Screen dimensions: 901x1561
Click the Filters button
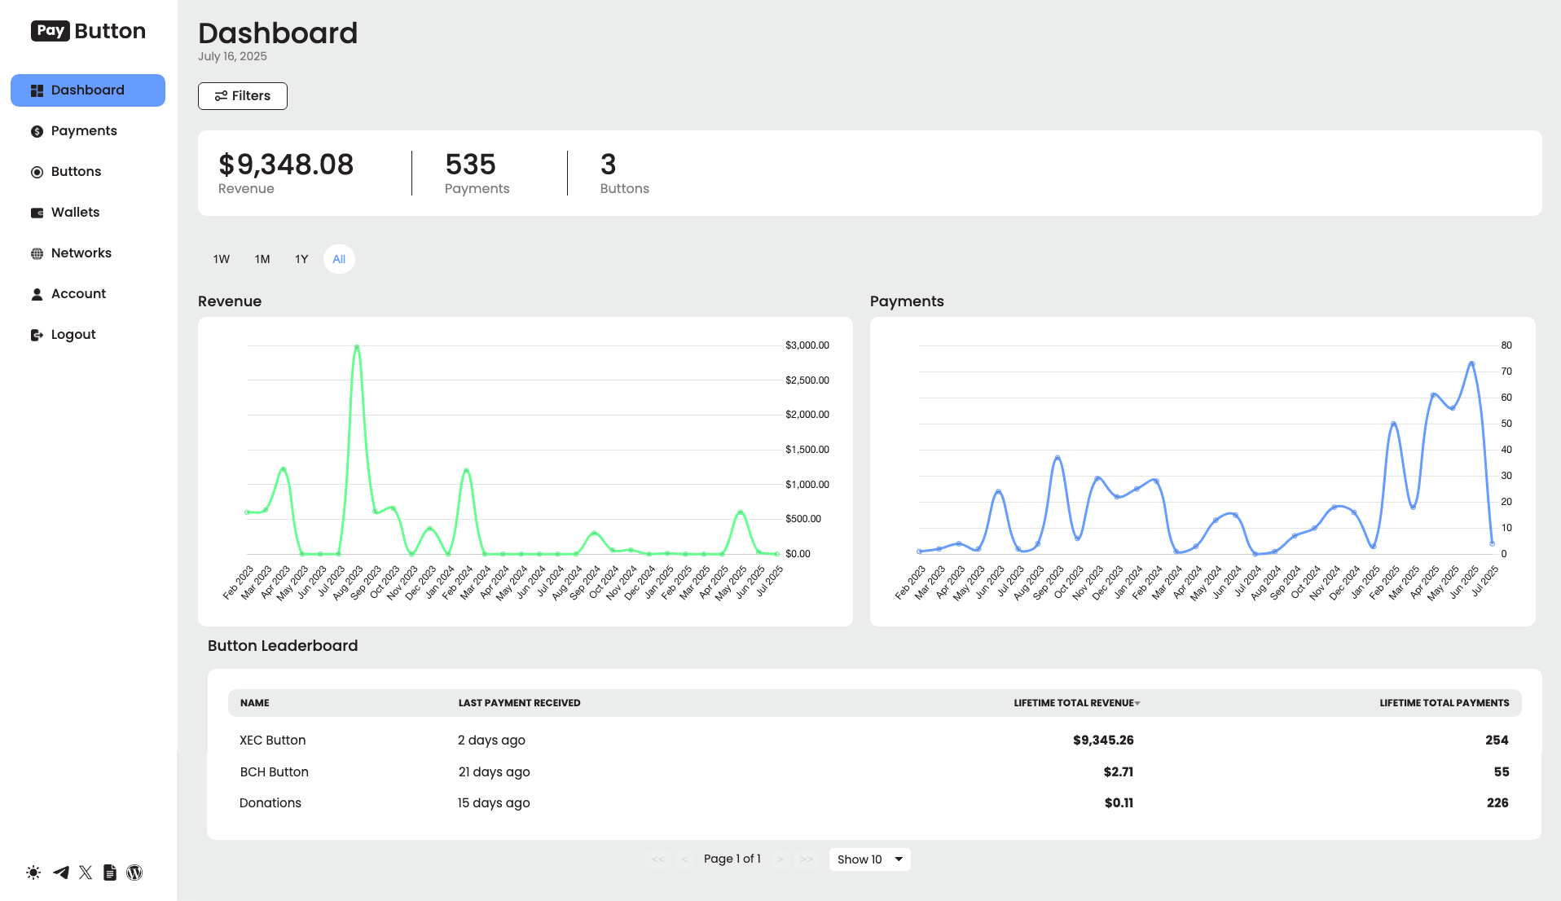pos(242,96)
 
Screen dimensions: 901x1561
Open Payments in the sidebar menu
pos(83,131)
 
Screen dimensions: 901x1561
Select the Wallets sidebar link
pos(75,213)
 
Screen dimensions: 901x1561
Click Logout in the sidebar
pos(73,335)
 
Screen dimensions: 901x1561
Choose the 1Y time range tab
pos(301,259)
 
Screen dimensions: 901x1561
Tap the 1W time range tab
pos(222,259)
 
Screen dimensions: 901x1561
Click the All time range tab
pos(339,259)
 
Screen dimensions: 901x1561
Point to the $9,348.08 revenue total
pos(286,165)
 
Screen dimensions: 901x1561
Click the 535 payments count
pos(470,165)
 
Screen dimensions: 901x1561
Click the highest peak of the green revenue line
pos(357,347)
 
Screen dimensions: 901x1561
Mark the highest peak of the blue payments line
pos(1471,363)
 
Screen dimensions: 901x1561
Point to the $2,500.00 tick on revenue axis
pos(807,380)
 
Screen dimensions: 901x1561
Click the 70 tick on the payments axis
pos(1506,371)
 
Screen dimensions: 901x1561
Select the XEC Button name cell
pos(273,741)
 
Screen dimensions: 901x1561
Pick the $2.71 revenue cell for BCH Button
pos(1118,772)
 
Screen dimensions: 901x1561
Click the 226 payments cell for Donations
pos(1497,803)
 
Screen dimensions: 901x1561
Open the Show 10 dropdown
pos(869,859)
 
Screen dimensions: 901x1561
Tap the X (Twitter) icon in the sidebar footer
pos(86,872)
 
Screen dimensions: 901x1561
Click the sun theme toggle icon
pos(33,872)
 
